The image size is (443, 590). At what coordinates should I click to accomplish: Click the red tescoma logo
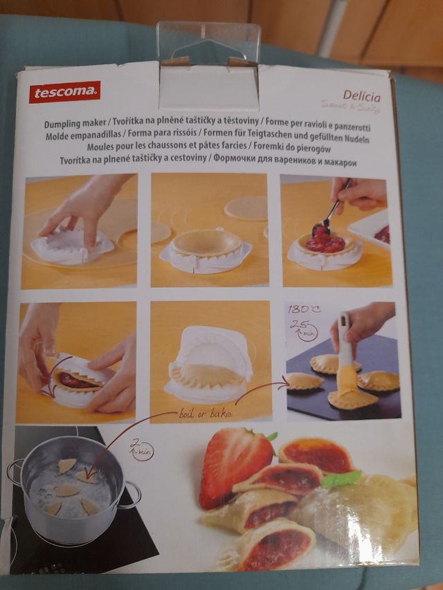click(x=64, y=91)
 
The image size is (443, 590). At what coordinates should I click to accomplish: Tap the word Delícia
click(x=361, y=96)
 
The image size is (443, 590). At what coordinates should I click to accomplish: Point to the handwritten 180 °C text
click(x=304, y=308)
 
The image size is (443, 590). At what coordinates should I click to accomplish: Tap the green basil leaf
click(x=341, y=479)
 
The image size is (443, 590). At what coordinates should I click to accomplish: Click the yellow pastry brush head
click(x=347, y=380)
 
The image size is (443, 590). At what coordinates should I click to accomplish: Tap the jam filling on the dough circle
click(x=325, y=243)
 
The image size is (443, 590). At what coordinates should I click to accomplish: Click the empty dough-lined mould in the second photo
click(x=206, y=244)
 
